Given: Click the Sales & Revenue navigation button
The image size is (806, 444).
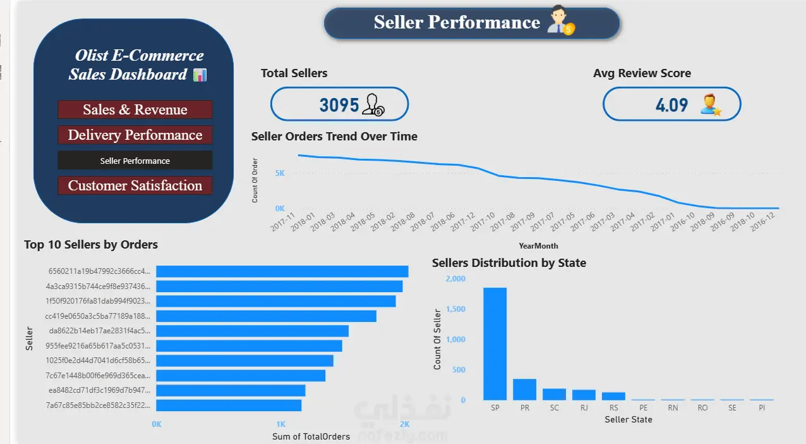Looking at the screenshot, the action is coord(135,109).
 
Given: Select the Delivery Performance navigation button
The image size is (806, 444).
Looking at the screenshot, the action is coord(135,135).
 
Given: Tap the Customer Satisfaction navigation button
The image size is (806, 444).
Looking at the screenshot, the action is coord(135,185).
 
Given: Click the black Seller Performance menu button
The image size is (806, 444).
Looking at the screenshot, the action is coord(135,161).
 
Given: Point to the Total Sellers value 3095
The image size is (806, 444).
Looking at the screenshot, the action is coord(339,105).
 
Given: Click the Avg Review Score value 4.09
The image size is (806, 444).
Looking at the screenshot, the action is coord(671,105).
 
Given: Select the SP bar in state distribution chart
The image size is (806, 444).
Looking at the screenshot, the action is coord(495,344).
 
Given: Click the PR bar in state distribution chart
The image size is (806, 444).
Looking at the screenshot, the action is coord(525,389).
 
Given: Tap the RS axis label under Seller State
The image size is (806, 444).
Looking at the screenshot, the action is coord(613,407).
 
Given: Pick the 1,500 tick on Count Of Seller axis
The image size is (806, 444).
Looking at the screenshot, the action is coord(455,309).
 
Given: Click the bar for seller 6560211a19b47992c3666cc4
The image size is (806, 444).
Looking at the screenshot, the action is coord(282,271).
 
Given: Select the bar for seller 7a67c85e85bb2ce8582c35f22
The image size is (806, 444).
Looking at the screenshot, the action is coord(229,405).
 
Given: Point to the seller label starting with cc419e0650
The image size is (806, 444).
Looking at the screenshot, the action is coord(97,316).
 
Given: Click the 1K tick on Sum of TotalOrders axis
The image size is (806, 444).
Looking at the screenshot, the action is coord(280,424).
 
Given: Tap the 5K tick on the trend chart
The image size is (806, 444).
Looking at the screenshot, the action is coord(280,173).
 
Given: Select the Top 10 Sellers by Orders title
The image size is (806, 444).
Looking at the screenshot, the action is coord(91,245).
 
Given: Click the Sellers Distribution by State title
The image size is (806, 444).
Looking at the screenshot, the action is coord(508,263).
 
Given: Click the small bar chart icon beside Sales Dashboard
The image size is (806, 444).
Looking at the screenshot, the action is coord(200,75).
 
